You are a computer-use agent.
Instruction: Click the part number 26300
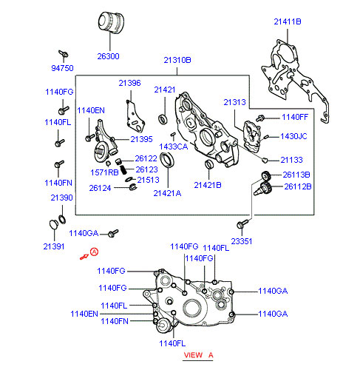tap(108, 56)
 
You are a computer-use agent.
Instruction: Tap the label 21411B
tap(288, 21)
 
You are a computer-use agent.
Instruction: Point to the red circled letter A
tap(94, 252)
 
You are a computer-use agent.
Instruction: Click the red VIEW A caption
tap(198, 355)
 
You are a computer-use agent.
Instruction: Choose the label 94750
tap(62, 68)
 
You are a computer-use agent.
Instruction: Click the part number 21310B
tap(177, 60)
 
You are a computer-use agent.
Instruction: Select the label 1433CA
tap(174, 146)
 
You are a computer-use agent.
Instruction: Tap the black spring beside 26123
tap(123, 169)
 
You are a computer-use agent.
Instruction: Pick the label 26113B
tap(296, 175)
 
